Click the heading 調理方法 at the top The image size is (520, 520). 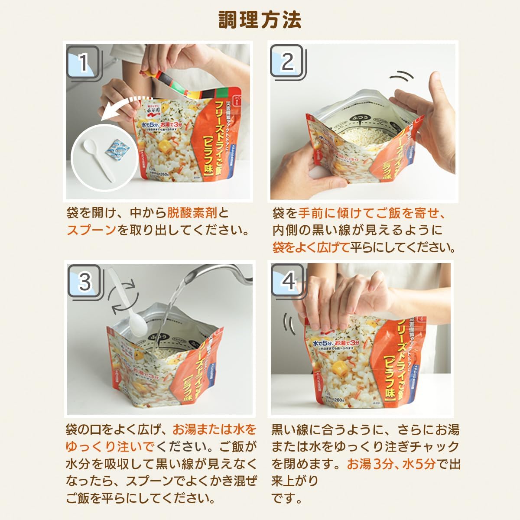(260, 19)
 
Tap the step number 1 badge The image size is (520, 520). (83, 63)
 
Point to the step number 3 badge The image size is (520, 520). (84, 282)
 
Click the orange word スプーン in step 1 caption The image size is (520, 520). (91, 230)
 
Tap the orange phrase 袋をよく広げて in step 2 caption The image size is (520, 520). (311, 247)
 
